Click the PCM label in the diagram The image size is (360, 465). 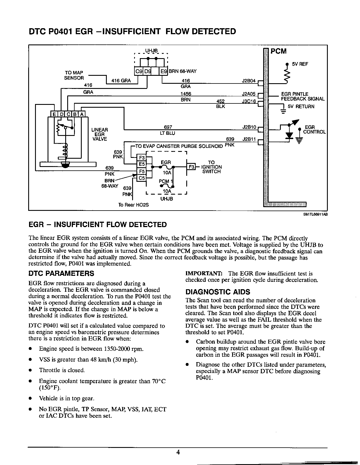(x=278, y=51)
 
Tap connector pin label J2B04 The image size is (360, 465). (x=249, y=81)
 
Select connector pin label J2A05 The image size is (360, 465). (x=249, y=94)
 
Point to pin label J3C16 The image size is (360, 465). (x=249, y=101)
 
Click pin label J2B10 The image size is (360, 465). (x=249, y=127)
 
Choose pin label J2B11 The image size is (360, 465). (x=249, y=139)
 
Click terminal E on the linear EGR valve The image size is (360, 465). (x=54, y=114)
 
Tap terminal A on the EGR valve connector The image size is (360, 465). (x=82, y=114)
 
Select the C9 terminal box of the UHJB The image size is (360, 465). (x=138, y=71)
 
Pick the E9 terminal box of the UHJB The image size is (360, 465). (x=163, y=71)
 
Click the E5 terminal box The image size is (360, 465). (x=142, y=164)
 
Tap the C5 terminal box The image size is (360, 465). (x=142, y=178)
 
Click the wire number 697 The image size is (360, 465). (x=168, y=127)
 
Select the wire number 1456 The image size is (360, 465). (x=185, y=94)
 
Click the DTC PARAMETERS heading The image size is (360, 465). (x=61, y=274)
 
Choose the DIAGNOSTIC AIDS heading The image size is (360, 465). (x=218, y=292)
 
